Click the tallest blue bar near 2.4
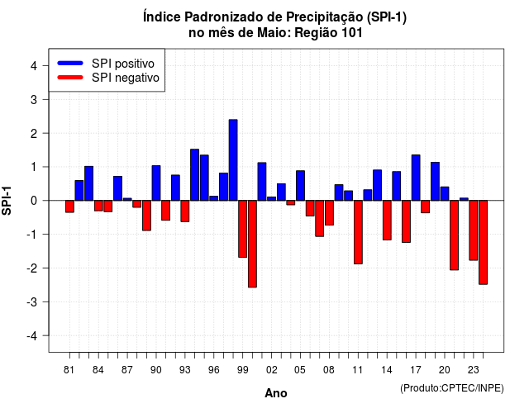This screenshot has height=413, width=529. coord(233,160)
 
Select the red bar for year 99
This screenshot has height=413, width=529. coord(242,229)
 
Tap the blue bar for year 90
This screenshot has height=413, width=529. coord(156,183)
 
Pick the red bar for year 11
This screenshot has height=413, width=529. coord(358,232)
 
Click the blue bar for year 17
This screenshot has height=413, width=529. coord(416,178)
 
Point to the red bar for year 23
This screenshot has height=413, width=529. coord(474,230)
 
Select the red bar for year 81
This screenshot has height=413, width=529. coord(69,206)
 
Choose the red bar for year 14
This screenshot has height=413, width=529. coord(387,221)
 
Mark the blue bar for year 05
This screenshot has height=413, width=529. coord(301,185)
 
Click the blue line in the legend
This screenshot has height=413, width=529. coord(70,63)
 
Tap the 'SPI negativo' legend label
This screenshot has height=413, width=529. coord(126,78)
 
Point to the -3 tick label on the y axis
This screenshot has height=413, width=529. coord(33,301)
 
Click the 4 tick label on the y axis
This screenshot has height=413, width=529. coord(34,66)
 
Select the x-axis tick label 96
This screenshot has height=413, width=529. coord(214,370)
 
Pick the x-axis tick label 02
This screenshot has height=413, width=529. coord(272,370)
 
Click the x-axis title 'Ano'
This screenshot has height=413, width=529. coord(276,393)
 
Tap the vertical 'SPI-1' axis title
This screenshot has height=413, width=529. coord(7,201)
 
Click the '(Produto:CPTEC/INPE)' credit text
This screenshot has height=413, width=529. coord(452,388)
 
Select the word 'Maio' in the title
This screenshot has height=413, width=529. coord(274,33)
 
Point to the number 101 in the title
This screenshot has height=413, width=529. coord(352,33)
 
